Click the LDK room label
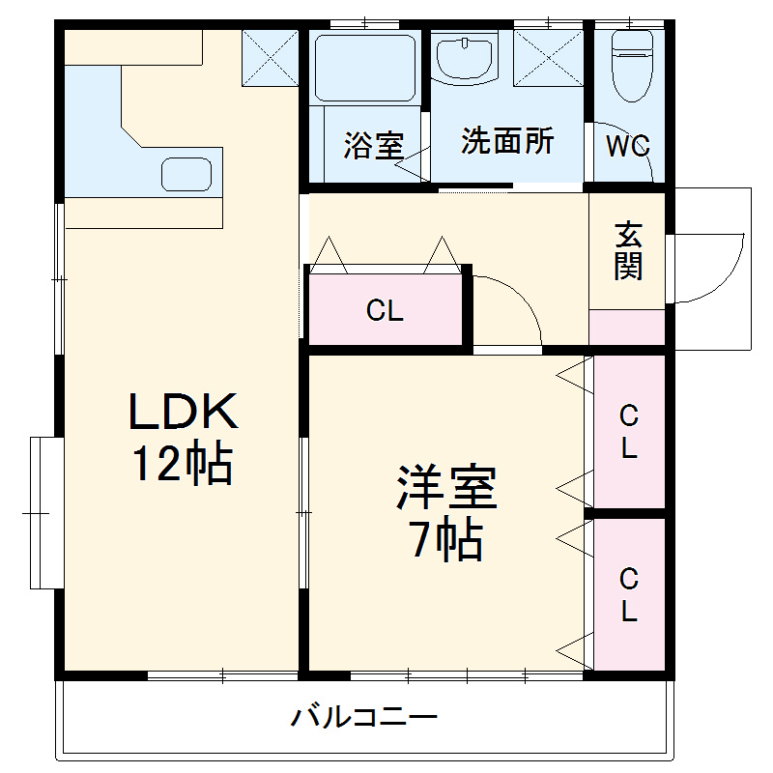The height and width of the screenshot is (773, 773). point(184,413)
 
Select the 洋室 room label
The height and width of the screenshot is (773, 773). point(446,488)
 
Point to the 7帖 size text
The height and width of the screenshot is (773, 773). point(446,540)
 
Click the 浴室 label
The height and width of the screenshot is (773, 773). point(373,146)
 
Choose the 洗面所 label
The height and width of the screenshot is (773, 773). point(507,141)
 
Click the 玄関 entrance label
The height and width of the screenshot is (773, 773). point(628,250)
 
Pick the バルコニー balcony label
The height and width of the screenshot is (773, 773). point(365,717)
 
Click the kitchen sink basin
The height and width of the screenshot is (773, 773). point(186,174)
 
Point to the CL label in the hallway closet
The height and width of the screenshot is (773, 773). point(385,311)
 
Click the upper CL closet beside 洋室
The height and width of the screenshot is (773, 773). point(629,431)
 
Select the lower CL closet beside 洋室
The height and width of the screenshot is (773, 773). point(629,595)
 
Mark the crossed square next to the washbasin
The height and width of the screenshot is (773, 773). point(548,58)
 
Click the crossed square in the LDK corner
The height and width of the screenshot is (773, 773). point(270,57)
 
